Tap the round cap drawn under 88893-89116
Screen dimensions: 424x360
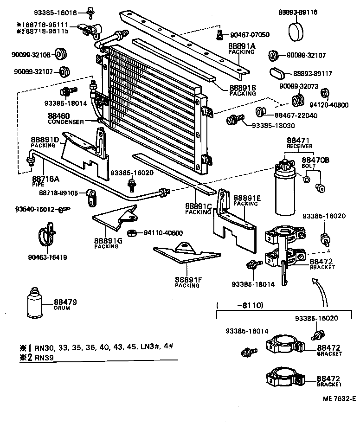pos(297,32)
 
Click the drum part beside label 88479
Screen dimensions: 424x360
pos(34,306)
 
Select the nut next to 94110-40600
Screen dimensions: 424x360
pos(131,232)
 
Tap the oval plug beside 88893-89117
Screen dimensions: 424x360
pos(277,74)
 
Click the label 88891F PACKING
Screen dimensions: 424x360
pos(187,282)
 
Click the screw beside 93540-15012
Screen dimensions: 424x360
pos(64,210)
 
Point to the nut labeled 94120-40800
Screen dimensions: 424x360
pos(326,93)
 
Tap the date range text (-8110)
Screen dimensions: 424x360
pos(240,305)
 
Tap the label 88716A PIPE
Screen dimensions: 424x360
pos(42,180)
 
